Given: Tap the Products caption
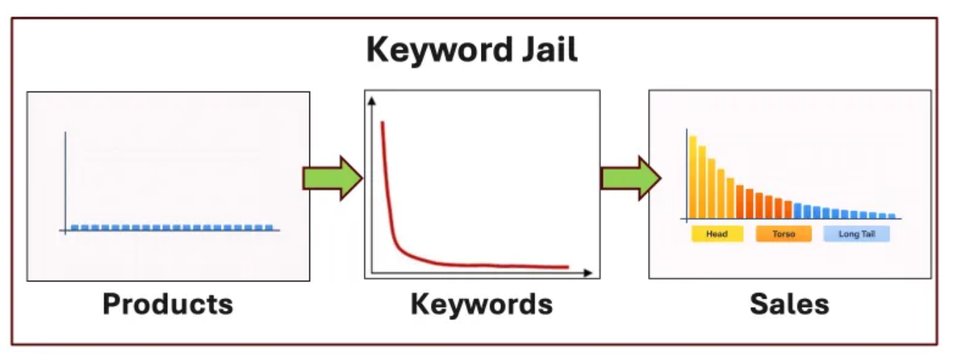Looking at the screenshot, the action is (x=168, y=304).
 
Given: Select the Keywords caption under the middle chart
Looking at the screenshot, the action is (x=482, y=304).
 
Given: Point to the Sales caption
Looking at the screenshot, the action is (x=790, y=304).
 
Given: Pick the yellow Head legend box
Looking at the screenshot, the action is (x=717, y=234).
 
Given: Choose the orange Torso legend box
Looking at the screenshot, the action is (x=784, y=234).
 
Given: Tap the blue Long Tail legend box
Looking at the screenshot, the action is (x=856, y=234).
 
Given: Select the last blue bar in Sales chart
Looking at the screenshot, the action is (x=891, y=216).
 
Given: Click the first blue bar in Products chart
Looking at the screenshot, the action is (x=74, y=227).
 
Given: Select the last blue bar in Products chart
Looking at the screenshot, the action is (x=269, y=227).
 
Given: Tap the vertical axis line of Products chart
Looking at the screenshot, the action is (x=66, y=179).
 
